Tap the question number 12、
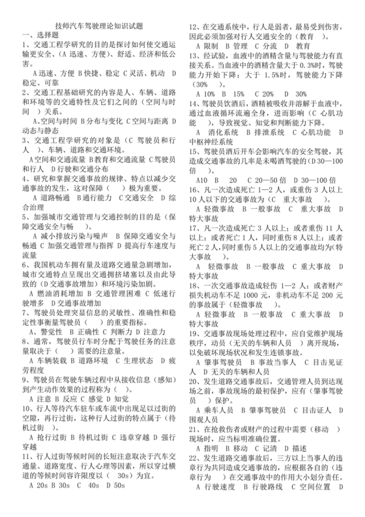click(x=194, y=27)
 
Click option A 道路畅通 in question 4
click(x=48, y=180)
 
